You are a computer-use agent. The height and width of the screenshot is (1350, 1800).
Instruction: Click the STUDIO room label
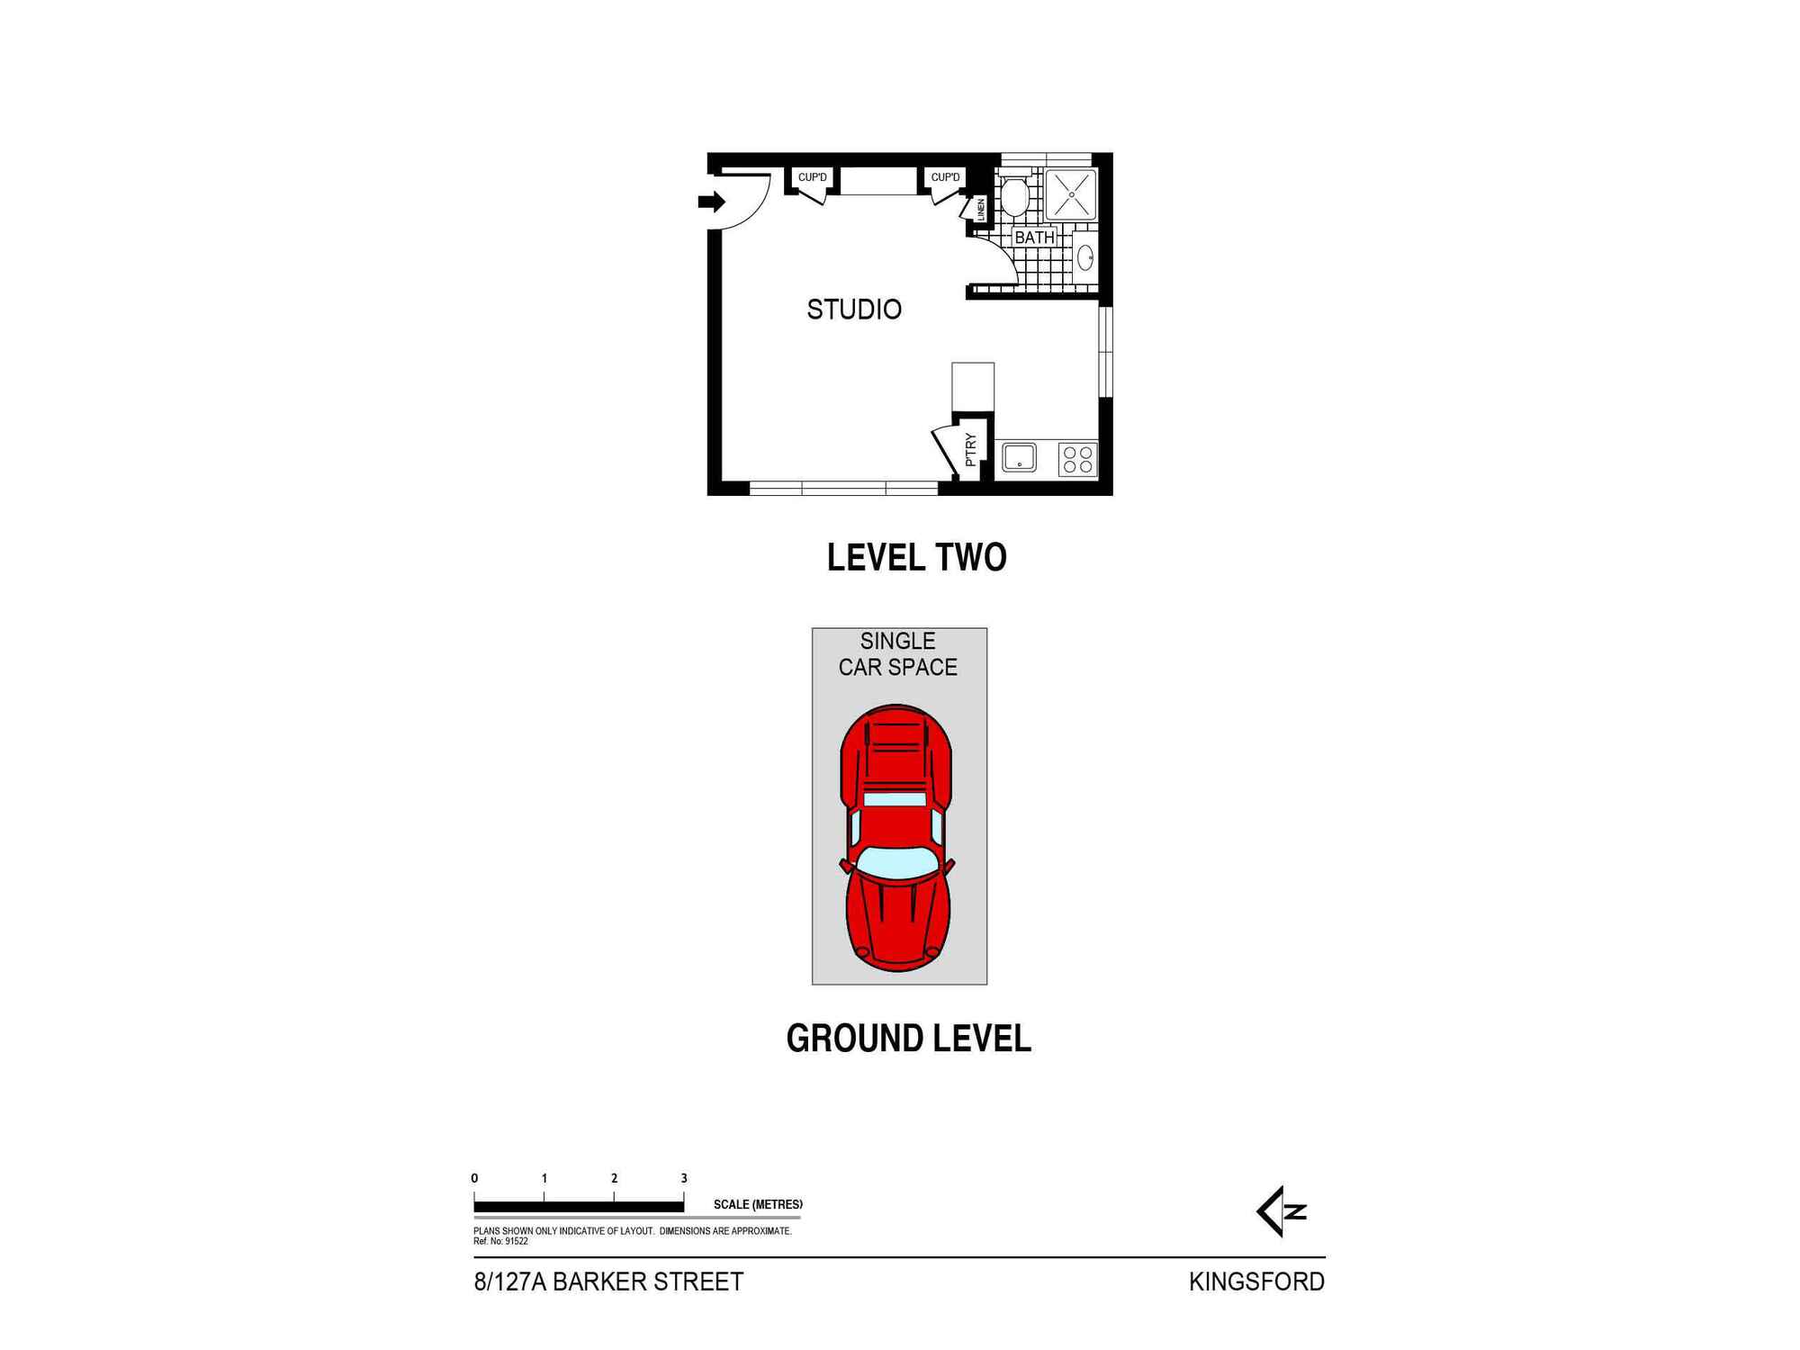click(853, 310)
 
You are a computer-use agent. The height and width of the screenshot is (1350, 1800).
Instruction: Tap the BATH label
click(1034, 238)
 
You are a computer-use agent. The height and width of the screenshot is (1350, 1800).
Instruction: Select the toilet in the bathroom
click(1014, 197)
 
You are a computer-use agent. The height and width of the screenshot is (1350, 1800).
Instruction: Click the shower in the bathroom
click(1071, 194)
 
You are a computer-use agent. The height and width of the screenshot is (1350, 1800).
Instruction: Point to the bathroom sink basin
click(1085, 256)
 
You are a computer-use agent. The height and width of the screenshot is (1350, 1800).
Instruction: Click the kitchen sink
click(1019, 457)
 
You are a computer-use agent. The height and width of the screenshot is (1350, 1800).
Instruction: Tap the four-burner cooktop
click(1077, 459)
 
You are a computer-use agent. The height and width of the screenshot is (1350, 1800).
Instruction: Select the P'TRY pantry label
click(970, 449)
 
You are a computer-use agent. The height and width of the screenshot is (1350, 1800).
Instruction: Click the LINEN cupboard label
click(980, 210)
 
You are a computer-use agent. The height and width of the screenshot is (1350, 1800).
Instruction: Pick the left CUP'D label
click(812, 177)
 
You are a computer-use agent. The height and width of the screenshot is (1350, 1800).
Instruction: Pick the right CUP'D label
click(945, 177)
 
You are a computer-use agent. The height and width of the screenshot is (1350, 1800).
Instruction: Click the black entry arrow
click(711, 202)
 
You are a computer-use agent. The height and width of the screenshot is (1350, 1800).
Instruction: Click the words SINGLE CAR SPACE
click(897, 654)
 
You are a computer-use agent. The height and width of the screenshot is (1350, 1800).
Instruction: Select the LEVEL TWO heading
click(916, 558)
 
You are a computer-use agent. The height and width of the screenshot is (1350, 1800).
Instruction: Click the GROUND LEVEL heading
click(908, 1039)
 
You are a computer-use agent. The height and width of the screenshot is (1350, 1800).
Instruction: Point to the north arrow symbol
click(1280, 1211)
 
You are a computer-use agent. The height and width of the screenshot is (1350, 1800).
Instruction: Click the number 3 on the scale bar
click(684, 1178)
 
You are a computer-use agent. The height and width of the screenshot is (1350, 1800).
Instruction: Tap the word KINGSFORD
click(1256, 1282)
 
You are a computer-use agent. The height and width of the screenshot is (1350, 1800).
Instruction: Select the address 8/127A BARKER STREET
click(608, 1282)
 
